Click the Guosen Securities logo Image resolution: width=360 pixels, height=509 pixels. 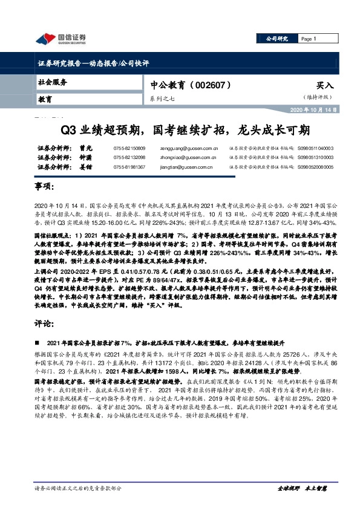tap(61, 39)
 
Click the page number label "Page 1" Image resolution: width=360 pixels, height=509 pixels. tap(309, 39)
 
